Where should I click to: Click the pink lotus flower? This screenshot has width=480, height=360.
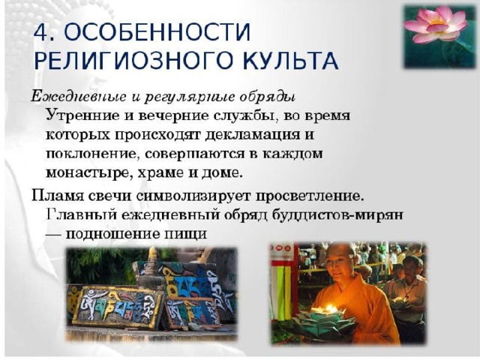[x=435, y=25]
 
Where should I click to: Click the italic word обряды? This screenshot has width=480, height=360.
[x=268, y=97]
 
